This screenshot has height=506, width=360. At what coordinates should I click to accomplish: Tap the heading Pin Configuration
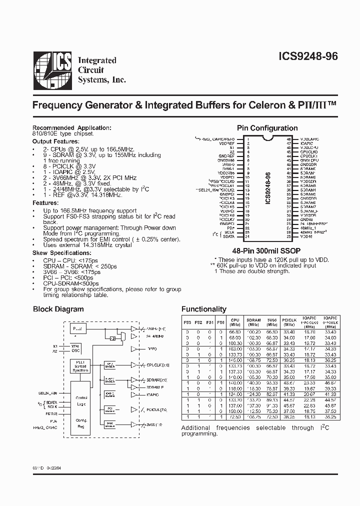(x=267, y=128)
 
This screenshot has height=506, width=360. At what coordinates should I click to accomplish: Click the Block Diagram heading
(x=58, y=309)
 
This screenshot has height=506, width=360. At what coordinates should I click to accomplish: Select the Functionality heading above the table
(x=203, y=309)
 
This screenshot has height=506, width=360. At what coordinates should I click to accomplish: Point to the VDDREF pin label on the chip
(x=227, y=143)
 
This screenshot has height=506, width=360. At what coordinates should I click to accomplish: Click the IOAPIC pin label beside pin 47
(x=306, y=143)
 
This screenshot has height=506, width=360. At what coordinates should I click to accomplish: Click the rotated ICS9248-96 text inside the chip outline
(x=268, y=188)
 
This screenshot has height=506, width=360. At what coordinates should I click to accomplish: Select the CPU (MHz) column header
(x=235, y=321)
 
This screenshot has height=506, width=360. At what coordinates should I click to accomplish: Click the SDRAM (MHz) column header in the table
(x=253, y=321)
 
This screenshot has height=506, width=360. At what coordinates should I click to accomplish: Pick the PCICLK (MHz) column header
(x=288, y=321)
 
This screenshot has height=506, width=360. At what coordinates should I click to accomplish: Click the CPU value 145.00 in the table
(x=235, y=360)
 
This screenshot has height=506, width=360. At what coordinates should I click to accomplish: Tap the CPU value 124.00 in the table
(x=235, y=395)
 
